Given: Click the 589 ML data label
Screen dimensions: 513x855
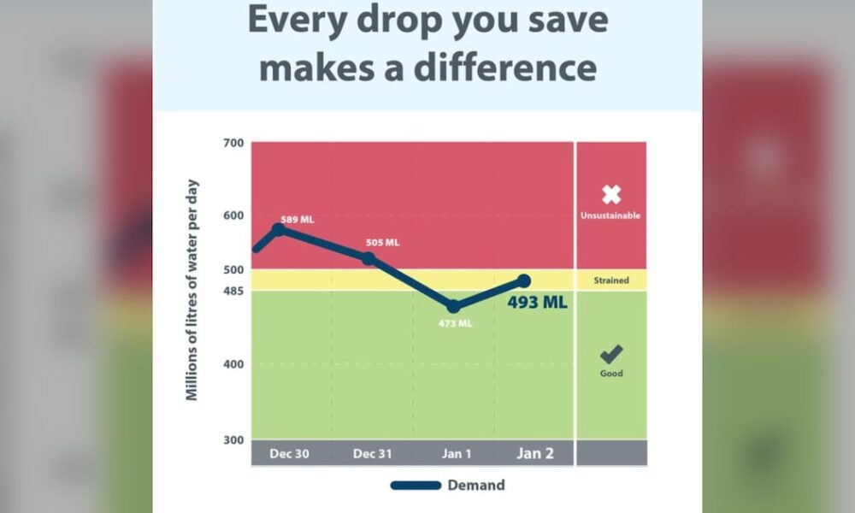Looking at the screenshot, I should click(297, 220).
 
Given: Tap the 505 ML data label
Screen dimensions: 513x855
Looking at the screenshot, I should click(382, 242).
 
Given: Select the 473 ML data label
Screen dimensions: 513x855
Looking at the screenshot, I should click(454, 323).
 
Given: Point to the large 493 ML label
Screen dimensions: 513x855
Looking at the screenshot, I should click(537, 302).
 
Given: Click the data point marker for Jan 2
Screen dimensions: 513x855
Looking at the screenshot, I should click(524, 281).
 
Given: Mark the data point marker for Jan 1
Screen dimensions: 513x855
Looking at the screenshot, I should click(454, 306).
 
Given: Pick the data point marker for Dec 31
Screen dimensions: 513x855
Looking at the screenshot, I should click(369, 258).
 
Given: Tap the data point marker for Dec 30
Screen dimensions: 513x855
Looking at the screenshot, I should click(279, 229).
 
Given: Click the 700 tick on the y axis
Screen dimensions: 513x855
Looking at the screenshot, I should click(233, 142).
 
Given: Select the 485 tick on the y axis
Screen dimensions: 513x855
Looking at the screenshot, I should click(233, 291).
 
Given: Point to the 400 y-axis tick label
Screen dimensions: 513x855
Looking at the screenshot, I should click(233, 364).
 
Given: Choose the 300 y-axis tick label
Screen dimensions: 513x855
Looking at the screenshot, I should click(233, 439).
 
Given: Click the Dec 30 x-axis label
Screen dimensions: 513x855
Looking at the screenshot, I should click(290, 453).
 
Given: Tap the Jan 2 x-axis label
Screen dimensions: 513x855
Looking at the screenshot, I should click(534, 453).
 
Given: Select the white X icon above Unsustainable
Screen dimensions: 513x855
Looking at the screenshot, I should click(610, 194).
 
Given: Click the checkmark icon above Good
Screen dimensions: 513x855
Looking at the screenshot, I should click(610, 353).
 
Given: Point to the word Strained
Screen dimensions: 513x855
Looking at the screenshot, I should click(610, 280).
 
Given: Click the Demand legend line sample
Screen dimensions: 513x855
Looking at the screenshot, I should click(416, 486).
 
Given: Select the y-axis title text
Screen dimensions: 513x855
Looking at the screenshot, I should click(193, 291).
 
